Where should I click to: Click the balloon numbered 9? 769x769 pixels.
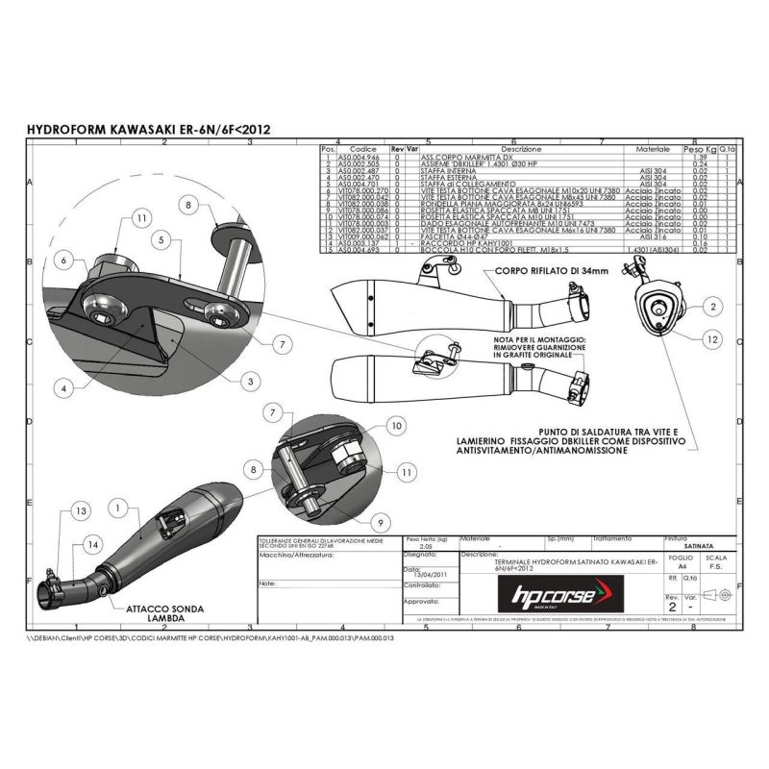point(381,523)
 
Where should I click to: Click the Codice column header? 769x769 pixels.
point(363,150)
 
